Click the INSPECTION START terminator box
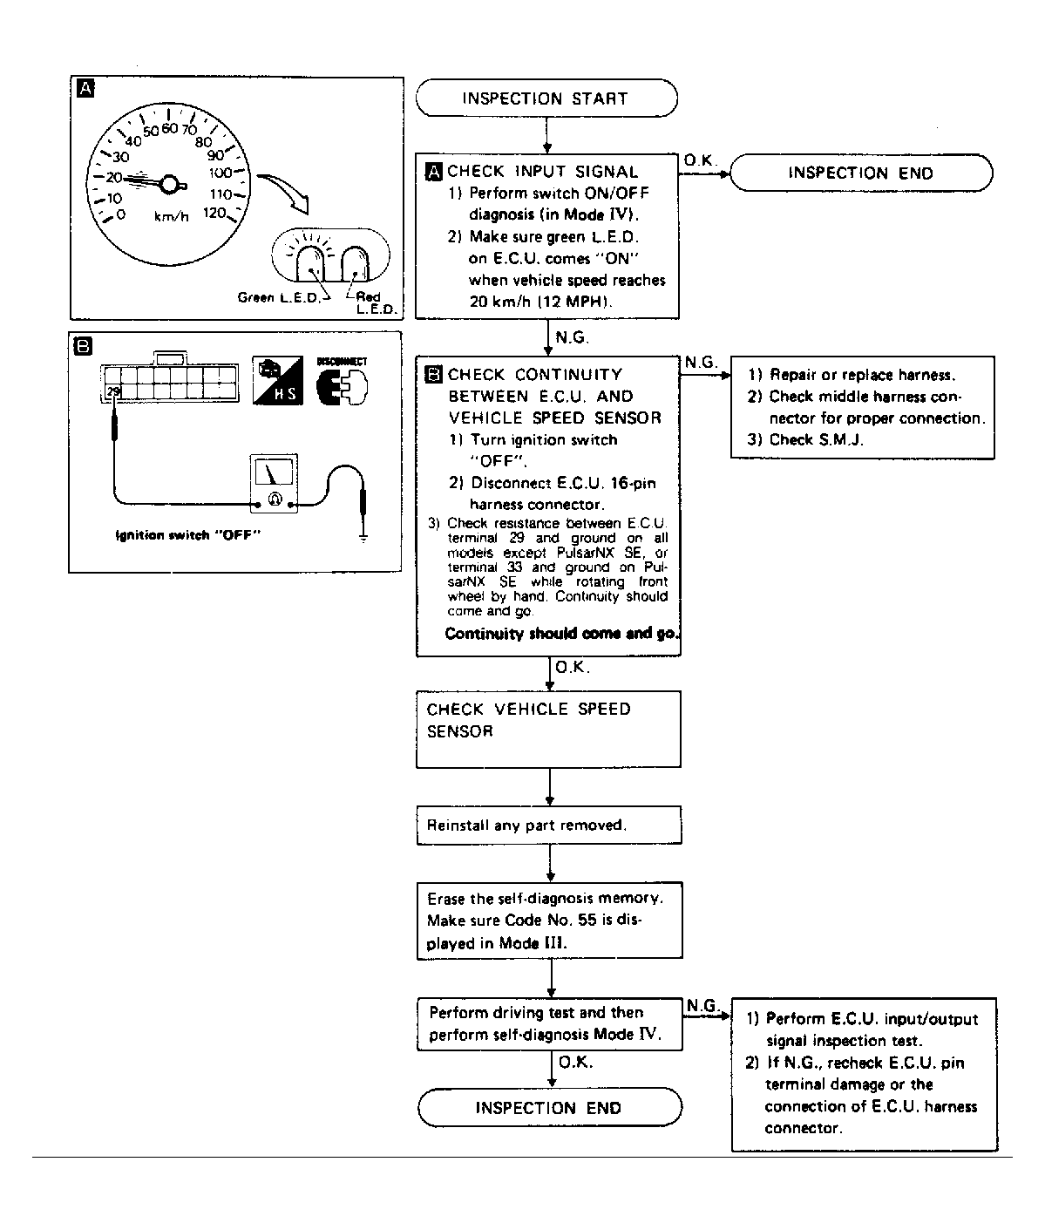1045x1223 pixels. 546,98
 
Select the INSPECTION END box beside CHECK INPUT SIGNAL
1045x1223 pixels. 860,173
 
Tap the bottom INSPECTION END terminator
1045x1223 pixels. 549,1108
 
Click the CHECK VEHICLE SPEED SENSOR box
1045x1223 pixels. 548,729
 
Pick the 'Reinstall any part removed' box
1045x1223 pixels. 548,825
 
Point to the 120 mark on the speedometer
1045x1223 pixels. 215,214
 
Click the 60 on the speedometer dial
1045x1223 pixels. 169,129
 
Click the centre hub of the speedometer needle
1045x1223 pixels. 170,183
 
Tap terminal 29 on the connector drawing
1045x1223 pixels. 112,393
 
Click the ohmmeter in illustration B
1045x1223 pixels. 275,484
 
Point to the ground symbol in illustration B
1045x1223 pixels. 363,537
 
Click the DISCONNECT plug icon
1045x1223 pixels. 342,382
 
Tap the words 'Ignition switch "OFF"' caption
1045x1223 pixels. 189,535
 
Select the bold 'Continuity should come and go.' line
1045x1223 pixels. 561,634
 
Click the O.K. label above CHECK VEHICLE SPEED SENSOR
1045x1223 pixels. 572,669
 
